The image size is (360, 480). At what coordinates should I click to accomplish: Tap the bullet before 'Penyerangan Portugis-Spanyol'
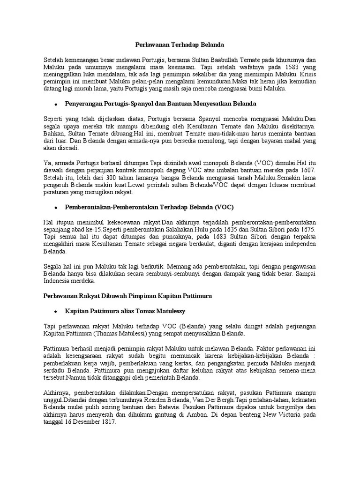[56, 103]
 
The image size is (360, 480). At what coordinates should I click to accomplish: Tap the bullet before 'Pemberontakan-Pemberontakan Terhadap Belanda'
[56, 207]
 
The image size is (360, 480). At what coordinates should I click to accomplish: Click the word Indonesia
[57, 281]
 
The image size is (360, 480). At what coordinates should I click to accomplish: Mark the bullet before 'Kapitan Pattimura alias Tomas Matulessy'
[56, 311]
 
